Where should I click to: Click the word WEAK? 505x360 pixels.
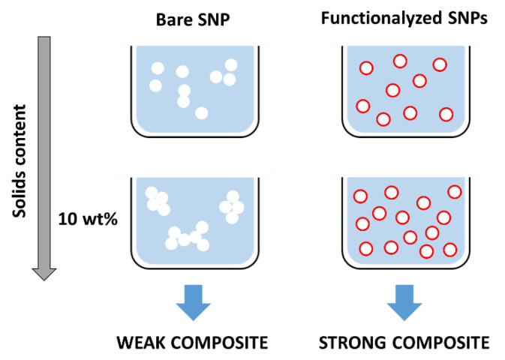(146, 343)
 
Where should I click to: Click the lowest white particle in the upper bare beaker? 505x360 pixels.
(201, 113)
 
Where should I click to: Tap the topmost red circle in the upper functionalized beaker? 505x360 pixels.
(400, 61)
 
